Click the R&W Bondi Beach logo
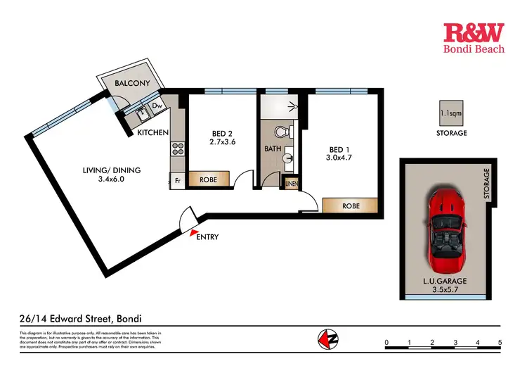474,38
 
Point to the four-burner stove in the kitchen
177,149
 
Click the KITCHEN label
152,133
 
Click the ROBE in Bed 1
352,206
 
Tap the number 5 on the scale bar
500,343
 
